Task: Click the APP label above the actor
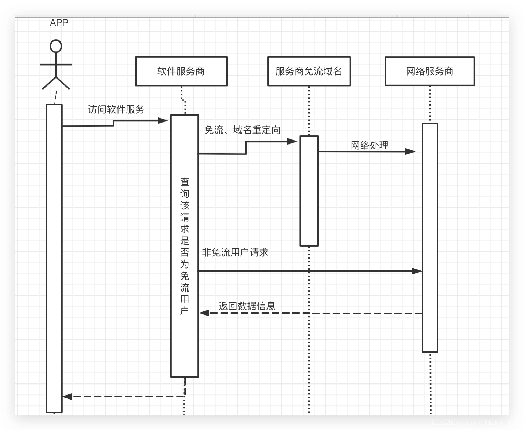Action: (59, 23)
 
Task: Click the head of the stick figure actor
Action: (56, 46)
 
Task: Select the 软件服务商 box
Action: (181, 71)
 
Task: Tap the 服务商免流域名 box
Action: (309, 71)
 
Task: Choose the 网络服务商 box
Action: (430, 71)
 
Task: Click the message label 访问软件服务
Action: (116, 109)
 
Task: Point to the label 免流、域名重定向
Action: (242, 130)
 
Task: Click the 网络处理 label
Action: (370, 145)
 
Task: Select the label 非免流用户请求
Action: (235, 252)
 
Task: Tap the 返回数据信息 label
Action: (247, 306)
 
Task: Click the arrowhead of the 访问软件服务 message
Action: (163, 120)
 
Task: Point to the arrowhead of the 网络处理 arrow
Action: (411, 152)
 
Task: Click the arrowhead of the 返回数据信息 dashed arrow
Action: (204, 313)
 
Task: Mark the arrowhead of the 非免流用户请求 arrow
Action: (417, 271)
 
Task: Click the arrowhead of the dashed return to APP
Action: (67, 396)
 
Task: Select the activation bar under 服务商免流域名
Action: (309, 191)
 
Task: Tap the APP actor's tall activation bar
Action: (54, 257)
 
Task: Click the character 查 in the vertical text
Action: (185, 182)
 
